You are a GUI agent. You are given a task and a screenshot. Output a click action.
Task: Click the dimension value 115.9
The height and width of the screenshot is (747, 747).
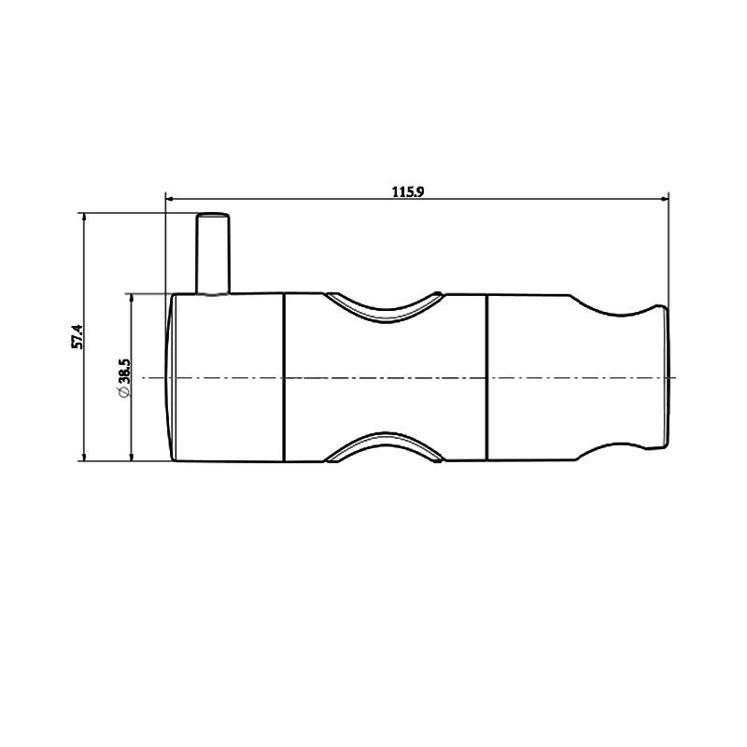409,191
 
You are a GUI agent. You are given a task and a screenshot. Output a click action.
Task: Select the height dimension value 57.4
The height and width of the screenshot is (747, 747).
78,336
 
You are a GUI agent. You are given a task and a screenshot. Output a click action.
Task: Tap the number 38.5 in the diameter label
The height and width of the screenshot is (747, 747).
123,373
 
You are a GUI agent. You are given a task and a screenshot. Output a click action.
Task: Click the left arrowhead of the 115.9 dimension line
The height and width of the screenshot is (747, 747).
170,198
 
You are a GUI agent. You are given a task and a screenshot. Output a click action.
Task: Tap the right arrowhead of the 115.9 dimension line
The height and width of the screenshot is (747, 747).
665,198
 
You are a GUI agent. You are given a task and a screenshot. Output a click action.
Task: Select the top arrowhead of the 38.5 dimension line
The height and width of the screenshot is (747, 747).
130,299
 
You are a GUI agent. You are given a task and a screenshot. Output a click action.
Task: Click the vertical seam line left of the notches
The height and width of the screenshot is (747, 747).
284,377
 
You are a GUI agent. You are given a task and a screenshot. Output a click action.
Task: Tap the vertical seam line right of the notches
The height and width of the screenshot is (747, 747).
486,377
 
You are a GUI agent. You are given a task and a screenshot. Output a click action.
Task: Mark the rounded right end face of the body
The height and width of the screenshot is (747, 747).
666,377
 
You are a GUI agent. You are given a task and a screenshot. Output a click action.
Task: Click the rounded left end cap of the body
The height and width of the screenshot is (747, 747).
172,377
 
